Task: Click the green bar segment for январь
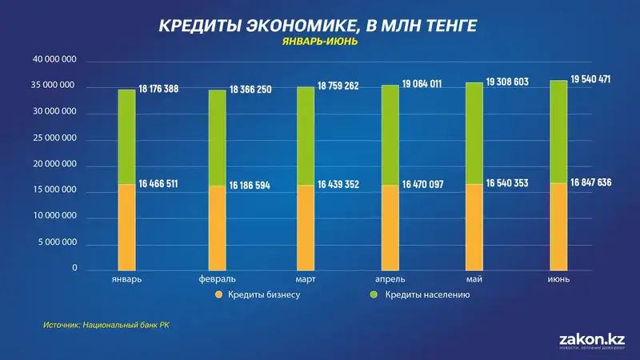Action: [x=126, y=137]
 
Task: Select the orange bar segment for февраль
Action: [x=217, y=229]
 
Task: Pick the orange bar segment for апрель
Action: [x=389, y=229]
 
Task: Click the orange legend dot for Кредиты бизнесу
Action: [x=217, y=295]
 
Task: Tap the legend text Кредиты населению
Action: [x=426, y=295]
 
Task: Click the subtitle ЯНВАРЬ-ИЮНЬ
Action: [x=319, y=42]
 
